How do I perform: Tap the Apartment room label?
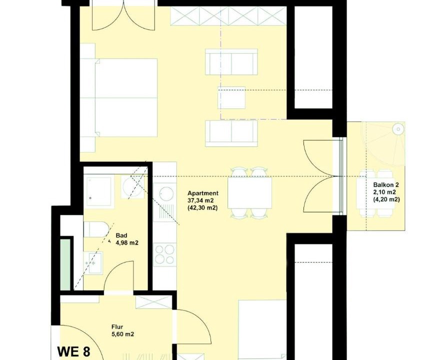(203, 193)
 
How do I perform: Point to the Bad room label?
(121, 235)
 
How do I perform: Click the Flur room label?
(117, 327)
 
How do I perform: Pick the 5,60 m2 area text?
(123, 334)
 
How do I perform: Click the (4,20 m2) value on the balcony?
(386, 199)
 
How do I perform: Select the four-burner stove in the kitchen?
(164, 254)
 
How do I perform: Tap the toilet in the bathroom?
(95, 229)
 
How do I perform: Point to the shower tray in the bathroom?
(99, 191)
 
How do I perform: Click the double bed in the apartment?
(118, 97)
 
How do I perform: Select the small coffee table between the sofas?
(231, 97)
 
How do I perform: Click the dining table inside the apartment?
(249, 193)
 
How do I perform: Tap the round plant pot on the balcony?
(397, 129)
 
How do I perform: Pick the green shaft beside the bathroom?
(65, 264)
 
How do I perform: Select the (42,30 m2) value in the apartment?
(202, 208)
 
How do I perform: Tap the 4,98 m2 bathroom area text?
(127, 243)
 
